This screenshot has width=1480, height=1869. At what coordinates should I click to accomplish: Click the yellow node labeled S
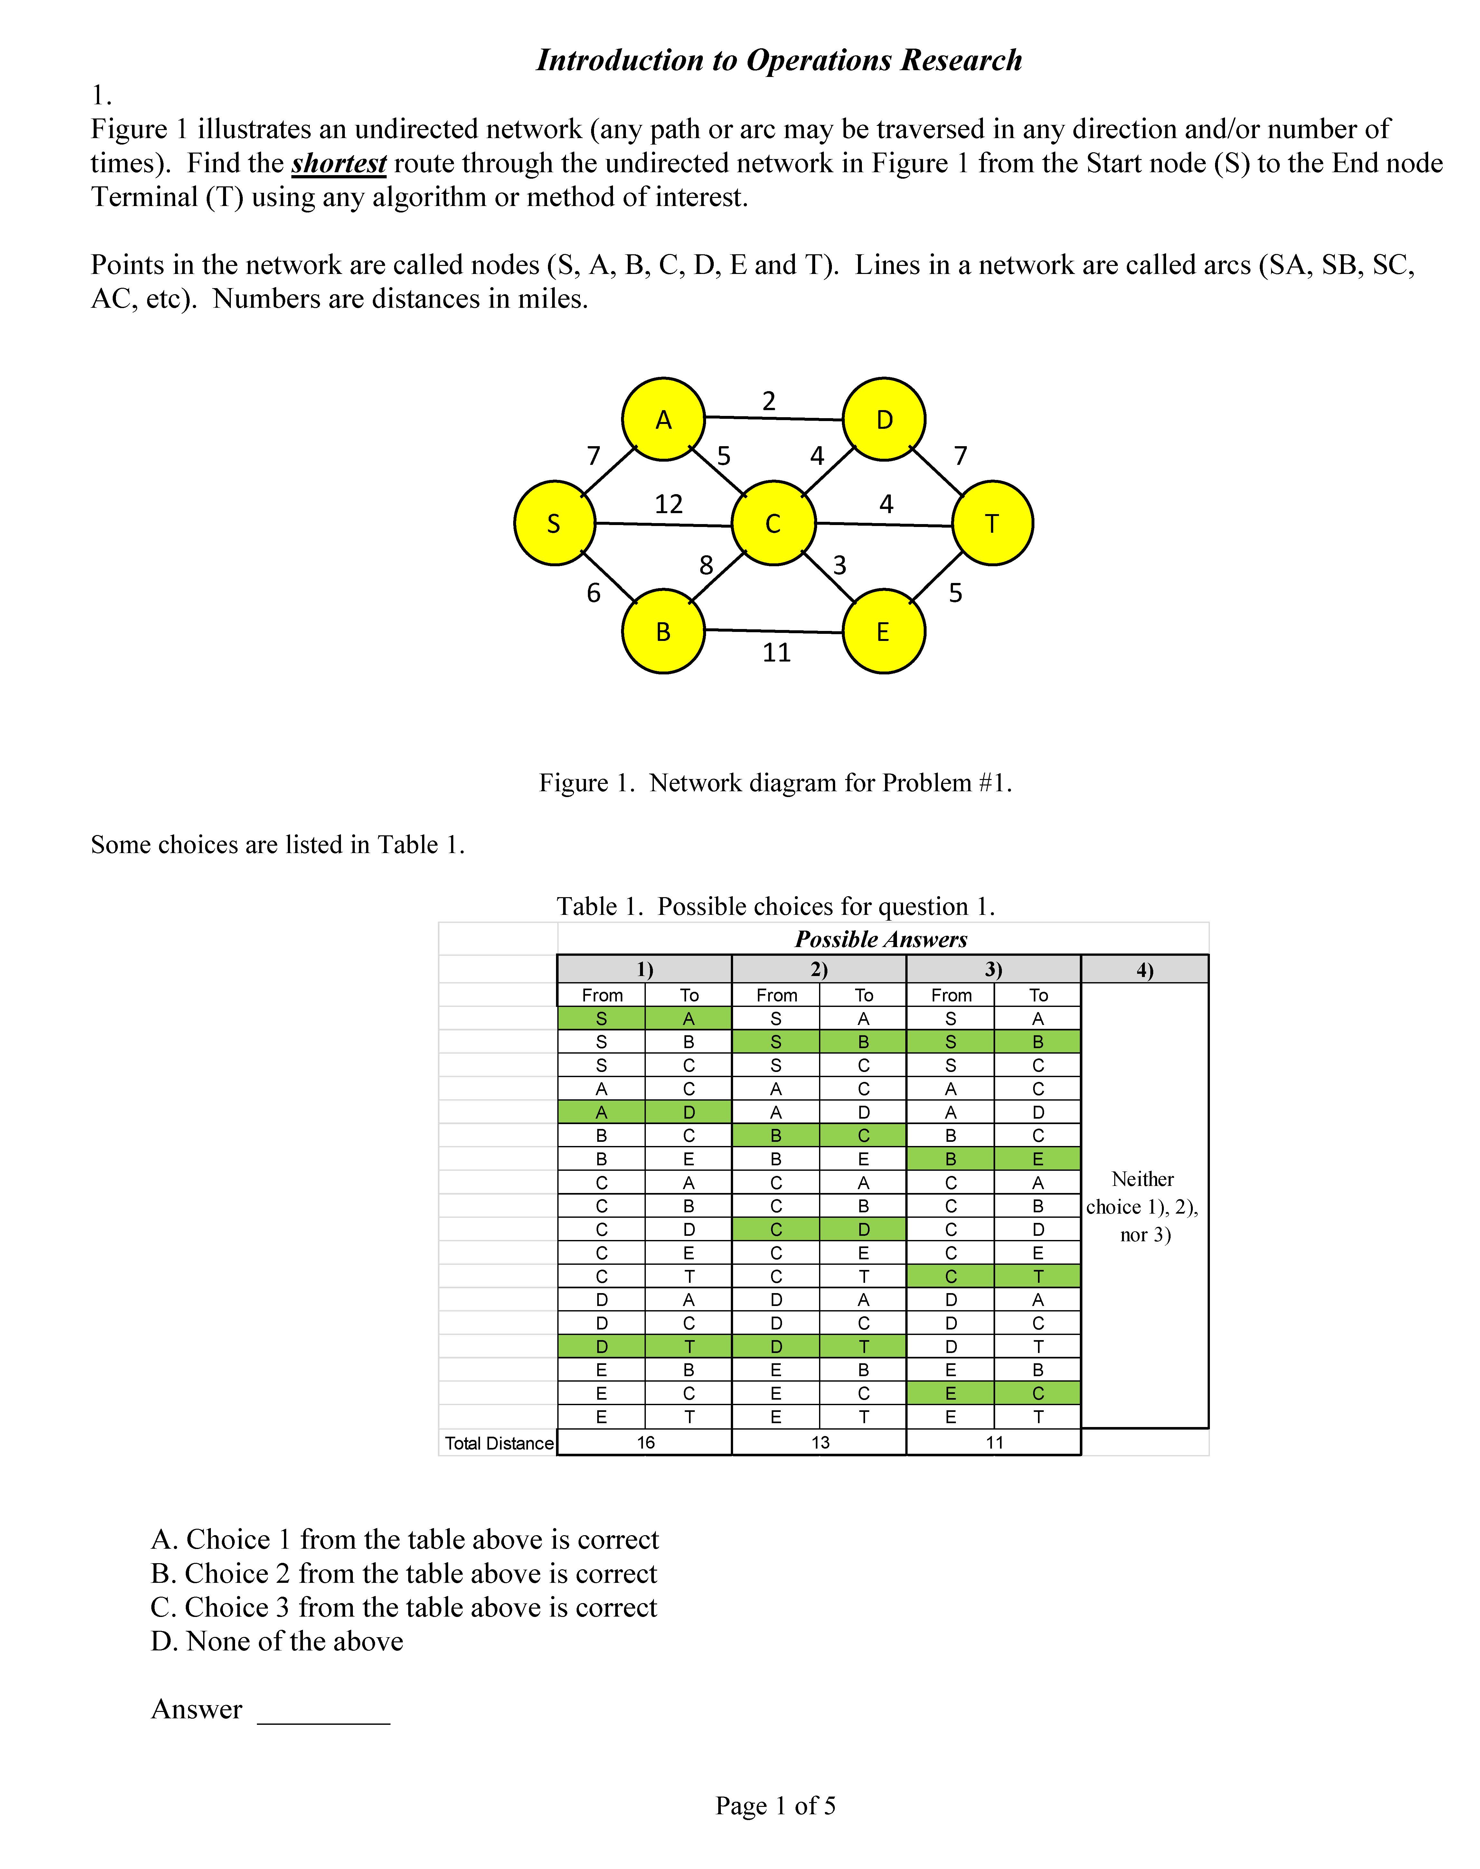[555, 523]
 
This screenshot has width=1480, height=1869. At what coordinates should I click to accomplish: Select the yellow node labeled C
[774, 523]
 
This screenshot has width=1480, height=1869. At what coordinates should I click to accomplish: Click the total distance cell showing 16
[646, 1442]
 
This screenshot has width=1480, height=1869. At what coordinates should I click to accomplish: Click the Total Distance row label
[499, 1443]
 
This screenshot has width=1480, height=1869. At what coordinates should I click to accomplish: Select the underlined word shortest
[339, 163]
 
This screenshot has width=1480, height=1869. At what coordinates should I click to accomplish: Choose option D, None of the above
[277, 1641]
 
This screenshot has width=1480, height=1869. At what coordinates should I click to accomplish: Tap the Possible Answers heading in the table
[881, 939]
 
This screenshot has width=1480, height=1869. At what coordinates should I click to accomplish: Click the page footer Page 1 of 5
[776, 1806]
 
